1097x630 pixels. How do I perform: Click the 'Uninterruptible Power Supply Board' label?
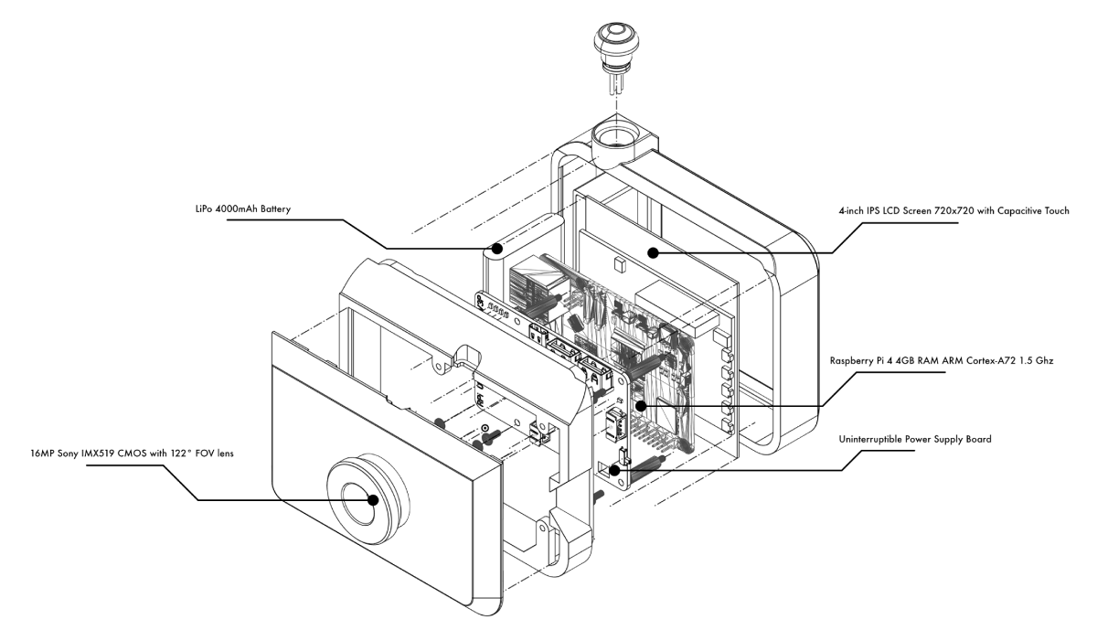(x=915, y=440)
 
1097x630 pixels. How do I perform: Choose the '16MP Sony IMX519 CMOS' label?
(x=105, y=453)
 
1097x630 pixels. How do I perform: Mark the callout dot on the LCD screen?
(x=653, y=251)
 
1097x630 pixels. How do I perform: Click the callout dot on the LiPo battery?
(x=498, y=248)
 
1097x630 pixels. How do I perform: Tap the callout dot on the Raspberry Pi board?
(x=642, y=404)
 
